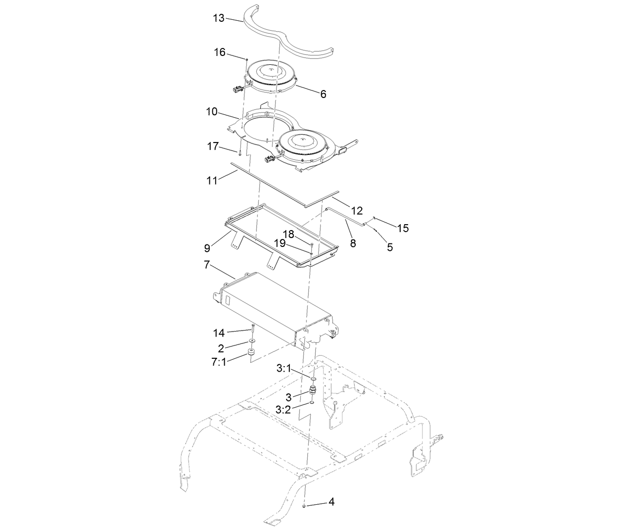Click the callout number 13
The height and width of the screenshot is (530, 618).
click(x=219, y=18)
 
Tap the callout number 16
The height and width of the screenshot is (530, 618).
click(x=220, y=52)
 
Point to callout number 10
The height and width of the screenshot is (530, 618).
click(x=212, y=112)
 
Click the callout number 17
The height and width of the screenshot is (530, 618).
click(x=213, y=147)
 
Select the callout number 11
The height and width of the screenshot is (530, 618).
click(x=212, y=181)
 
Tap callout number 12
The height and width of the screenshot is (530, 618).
click(x=357, y=211)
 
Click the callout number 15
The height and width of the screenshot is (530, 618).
click(x=403, y=228)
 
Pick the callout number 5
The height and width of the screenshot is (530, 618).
click(x=390, y=247)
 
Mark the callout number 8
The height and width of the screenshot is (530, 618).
click(x=353, y=243)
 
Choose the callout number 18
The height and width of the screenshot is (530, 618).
click(x=288, y=234)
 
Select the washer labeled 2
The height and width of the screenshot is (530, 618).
click(x=252, y=341)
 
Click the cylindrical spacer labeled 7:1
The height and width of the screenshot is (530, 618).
click(x=251, y=353)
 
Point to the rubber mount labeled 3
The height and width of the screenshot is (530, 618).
click(x=313, y=390)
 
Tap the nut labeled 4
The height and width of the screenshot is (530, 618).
click(x=304, y=505)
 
